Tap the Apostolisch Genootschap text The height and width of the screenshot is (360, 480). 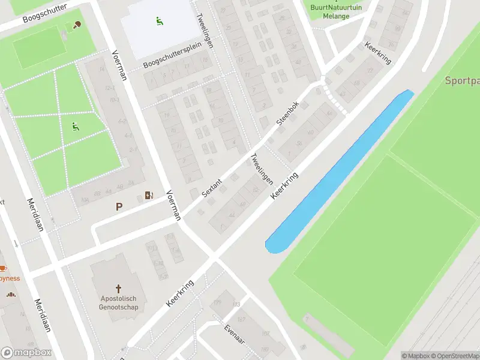click(119, 303)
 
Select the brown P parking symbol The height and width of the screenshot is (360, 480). click(119, 207)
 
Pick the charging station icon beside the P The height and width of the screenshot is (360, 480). click(149, 195)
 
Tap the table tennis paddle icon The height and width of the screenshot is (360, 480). click(76, 25)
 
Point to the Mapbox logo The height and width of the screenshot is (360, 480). click(26, 353)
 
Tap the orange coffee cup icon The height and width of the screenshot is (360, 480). click(2, 268)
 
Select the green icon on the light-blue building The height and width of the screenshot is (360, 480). click(159, 22)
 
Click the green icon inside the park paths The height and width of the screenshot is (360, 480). click(75, 127)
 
